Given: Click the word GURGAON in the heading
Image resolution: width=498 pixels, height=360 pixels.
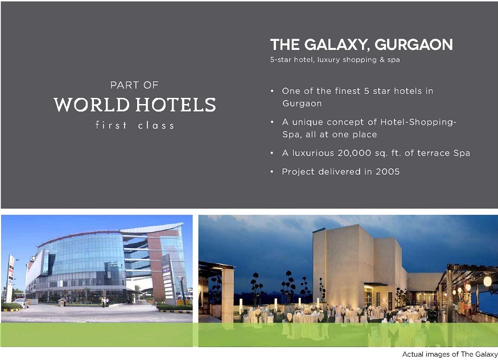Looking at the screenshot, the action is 414,45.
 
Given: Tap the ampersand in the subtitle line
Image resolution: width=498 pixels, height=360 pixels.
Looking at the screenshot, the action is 382,60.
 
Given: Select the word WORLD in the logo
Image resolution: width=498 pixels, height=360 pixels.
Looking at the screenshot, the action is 92,105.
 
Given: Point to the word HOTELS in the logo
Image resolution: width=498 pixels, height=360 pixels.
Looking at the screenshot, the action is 176,105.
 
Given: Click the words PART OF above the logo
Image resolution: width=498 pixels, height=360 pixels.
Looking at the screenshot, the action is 134,85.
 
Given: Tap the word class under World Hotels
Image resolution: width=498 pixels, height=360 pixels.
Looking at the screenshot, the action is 156,125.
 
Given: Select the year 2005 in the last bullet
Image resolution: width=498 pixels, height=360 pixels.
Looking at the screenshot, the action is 388,172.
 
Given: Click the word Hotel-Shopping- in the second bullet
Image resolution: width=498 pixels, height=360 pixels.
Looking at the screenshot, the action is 418,122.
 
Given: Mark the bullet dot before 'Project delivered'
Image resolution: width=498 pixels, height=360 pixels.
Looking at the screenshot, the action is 272,172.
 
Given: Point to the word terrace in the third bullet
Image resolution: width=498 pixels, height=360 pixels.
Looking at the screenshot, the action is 434,153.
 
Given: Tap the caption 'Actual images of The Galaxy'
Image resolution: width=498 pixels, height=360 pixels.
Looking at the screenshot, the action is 450,354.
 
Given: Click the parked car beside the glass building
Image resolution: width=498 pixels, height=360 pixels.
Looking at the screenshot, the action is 21,303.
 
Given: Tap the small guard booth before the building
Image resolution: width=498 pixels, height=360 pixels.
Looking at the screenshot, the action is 63,301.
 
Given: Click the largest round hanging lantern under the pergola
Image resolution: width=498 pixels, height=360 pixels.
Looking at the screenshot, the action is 487,281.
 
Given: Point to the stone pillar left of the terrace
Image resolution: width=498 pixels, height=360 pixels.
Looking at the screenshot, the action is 228,296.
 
